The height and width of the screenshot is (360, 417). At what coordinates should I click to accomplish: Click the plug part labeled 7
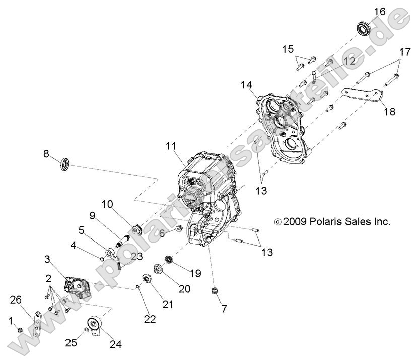tap(216, 291)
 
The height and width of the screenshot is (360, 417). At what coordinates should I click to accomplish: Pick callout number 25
tap(71, 342)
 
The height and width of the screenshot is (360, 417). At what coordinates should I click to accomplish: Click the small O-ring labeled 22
tap(137, 287)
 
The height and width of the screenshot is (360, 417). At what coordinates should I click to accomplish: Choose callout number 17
tap(405, 52)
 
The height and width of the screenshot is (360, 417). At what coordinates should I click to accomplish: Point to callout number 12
tap(349, 61)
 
